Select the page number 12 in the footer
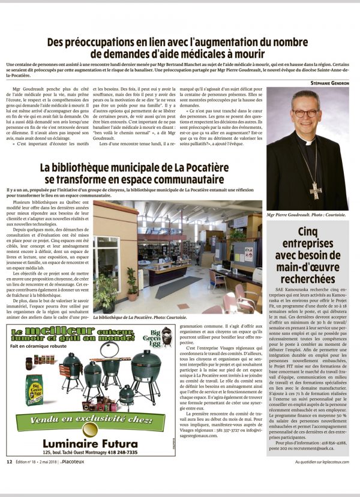(x=10, y=462)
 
